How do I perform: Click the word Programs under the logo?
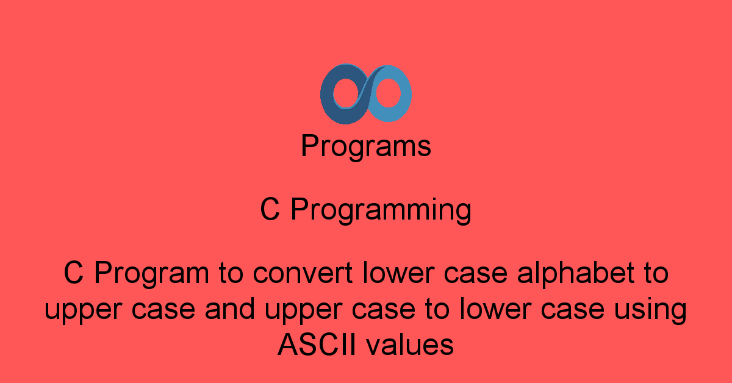point(366,147)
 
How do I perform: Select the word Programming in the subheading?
point(381,211)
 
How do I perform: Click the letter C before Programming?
point(270,210)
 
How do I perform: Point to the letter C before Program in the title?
point(73,274)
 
